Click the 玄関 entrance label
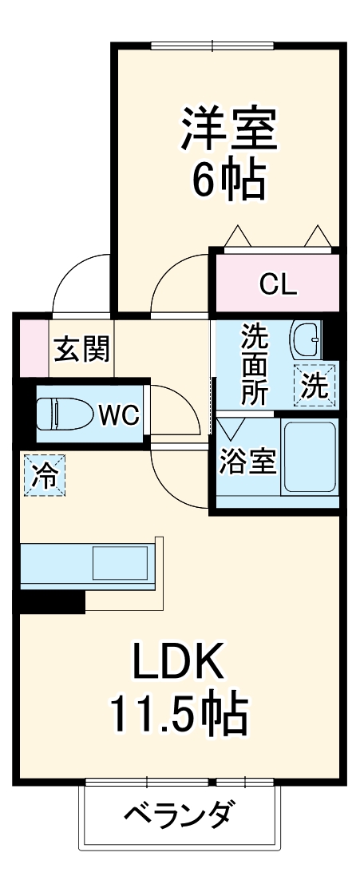pyautogui.click(x=81, y=349)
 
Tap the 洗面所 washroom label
pyautogui.click(x=255, y=364)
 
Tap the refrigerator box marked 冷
pyautogui.click(x=43, y=475)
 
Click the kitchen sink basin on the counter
pyautogui.click(x=120, y=564)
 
